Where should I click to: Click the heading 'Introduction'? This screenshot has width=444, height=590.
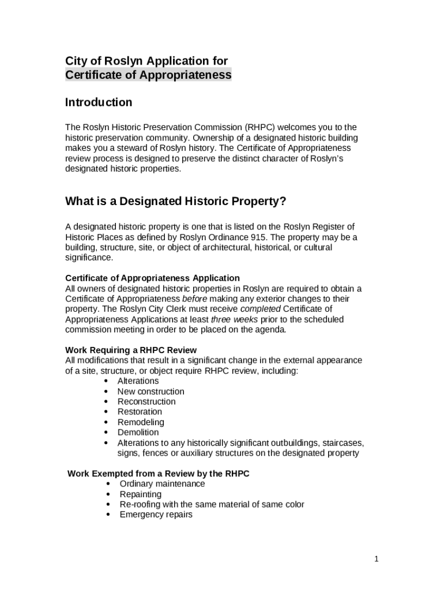(x=99, y=103)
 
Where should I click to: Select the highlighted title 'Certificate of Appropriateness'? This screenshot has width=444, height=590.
(x=148, y=75)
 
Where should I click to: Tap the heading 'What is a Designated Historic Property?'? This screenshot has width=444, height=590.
(x=175, y=201)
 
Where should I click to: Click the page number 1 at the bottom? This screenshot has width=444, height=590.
(x=376, y=558)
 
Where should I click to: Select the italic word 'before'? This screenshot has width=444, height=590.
(x=194, y=299)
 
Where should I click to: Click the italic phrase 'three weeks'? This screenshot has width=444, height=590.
(x=234, y=320)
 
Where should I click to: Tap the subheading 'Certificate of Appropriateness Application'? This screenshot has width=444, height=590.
(x=152, y=278)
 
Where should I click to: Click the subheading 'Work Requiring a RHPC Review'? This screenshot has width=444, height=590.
(x=131, y=350)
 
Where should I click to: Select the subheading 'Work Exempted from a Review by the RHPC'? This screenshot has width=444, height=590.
(x=159, y=474)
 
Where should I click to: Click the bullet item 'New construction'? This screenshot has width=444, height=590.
(x=151, y=392)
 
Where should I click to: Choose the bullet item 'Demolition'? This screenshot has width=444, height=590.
(x=138, y=433)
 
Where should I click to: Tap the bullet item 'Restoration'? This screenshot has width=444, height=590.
(x=140, y=412)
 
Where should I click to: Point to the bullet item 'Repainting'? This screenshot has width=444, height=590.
(x=141, y=494)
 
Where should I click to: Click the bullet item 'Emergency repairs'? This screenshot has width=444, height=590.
(x=156, y=515)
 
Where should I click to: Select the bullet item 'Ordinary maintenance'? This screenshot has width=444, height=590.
(x=162, y=484)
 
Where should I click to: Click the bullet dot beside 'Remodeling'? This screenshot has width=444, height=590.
(x=106, y=422)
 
